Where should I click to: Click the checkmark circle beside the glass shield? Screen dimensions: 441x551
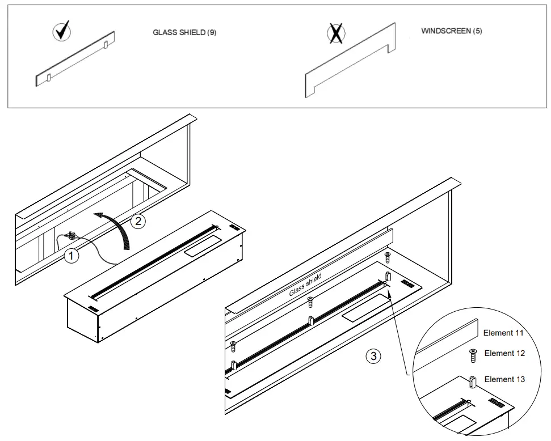pos(62,32)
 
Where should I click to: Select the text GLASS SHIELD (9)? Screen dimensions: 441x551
pos(184,33)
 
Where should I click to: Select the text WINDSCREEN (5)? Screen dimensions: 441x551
pos(451,31)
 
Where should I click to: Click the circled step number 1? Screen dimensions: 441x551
pos(70,256)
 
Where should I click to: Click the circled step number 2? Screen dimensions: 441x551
pos(137,221)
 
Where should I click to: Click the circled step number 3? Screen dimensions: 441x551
pos(372,356)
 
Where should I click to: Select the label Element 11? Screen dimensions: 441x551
pos(503,333)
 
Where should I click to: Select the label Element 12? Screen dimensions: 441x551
pos(504,353)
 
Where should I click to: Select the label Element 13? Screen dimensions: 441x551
pos(504,379)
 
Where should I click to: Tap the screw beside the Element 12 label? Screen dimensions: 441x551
pos(472,355)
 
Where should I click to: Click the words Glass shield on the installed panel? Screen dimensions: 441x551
pos(305,285)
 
